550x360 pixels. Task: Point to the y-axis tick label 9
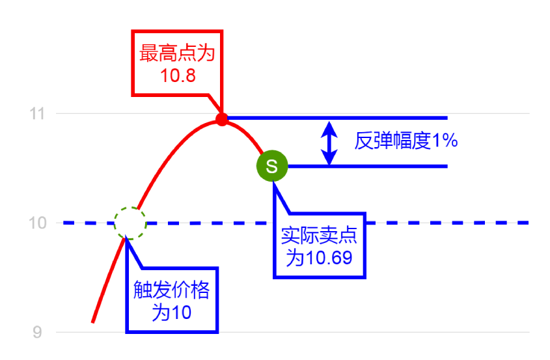coord(38,333)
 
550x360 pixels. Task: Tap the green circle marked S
coord(272,166)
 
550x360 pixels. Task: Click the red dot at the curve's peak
coord(222,119)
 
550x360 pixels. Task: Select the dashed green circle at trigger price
coord(130,223)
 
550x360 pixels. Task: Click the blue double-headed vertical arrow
coord(330,143)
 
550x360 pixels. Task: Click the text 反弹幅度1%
coord(406,141)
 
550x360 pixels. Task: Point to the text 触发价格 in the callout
coord(172,290)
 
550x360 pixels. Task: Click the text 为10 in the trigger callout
coord(171,312)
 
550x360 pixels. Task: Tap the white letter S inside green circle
coord(272,166)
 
